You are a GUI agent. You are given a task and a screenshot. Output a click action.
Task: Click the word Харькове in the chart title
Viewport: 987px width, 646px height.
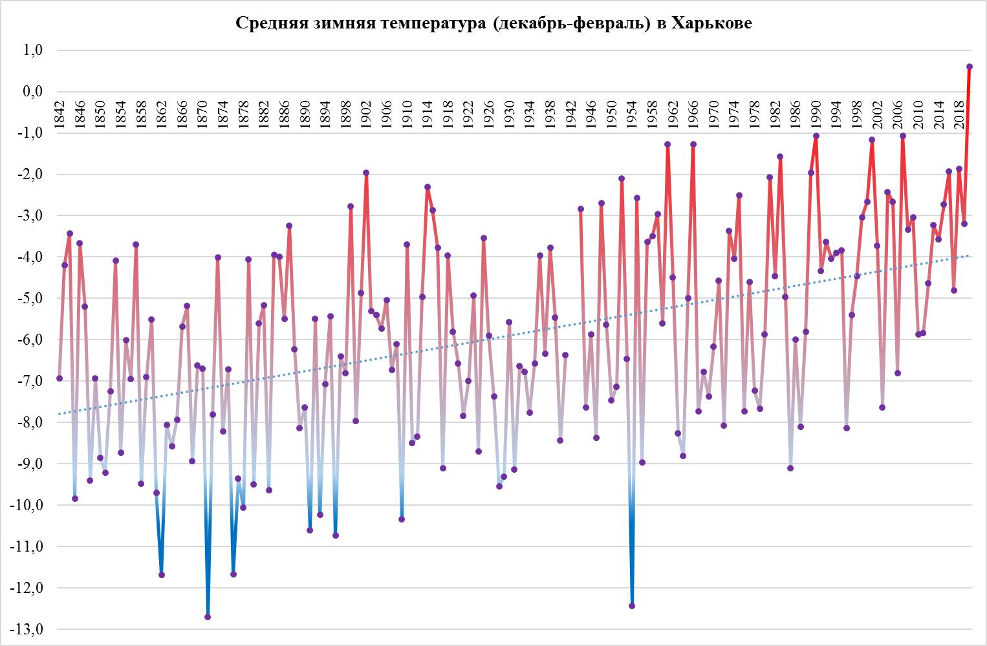tap(712, 23)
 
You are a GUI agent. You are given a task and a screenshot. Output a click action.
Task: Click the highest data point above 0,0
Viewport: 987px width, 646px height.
tap(970, 67)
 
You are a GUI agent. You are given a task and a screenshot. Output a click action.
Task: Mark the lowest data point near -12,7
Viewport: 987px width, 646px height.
tap(208, 617)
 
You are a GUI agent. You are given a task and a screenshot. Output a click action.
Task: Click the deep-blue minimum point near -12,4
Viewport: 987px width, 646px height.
tap(632, 606)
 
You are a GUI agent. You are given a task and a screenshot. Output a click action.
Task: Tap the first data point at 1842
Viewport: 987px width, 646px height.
tap(60, 378)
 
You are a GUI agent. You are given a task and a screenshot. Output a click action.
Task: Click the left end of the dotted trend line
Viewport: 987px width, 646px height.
tap(60, 414)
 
